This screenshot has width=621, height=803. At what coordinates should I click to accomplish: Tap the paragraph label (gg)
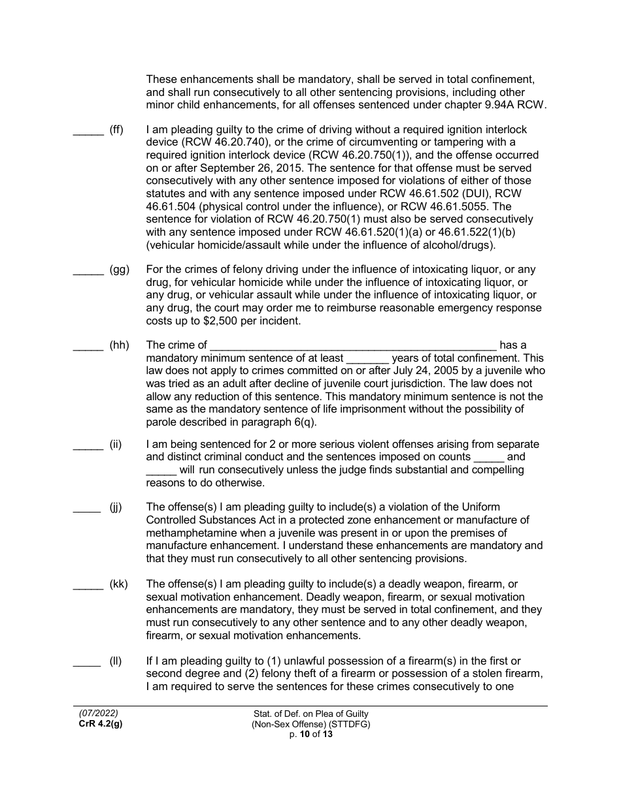pos(120,270)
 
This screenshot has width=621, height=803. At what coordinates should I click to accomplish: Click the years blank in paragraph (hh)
pos(367,358)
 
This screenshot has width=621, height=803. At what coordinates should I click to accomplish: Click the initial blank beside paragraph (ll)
pos(88,662)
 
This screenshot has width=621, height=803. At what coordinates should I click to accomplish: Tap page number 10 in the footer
pos(305,734)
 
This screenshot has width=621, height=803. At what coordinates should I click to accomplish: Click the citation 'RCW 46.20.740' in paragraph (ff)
pos(228,142)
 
